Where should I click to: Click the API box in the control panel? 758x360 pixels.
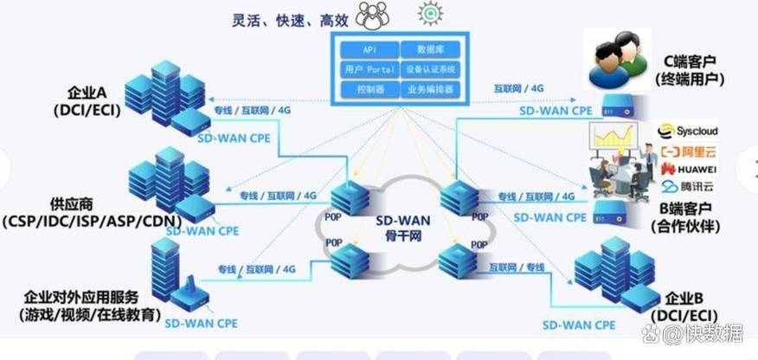pos(369,49)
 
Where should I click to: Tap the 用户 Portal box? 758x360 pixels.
pos(369,69)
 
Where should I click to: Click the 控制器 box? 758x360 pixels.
pos(369,89)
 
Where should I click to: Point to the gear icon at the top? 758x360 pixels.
pos(429,13)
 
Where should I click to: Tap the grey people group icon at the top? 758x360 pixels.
pos(373,14)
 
